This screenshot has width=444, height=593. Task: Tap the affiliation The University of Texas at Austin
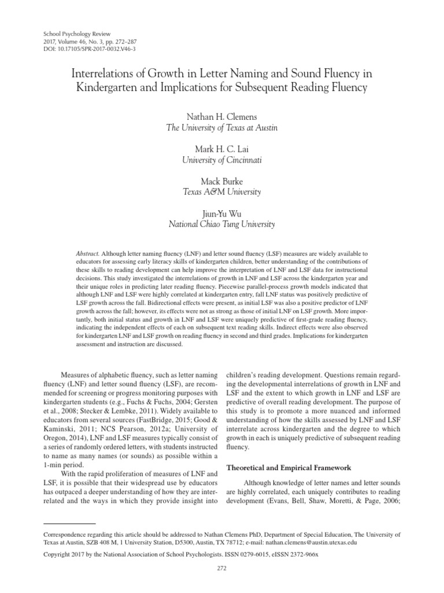point(221,128)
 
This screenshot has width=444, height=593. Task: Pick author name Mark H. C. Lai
point(221,148)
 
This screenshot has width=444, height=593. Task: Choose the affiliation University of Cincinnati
point(221,159)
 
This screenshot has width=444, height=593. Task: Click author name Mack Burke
point(221,180)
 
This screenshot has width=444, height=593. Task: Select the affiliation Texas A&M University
point(221,191)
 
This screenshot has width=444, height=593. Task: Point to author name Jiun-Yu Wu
point(221,212)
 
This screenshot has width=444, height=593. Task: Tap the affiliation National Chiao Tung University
point(221,223)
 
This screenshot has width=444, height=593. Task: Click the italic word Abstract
point(88,254)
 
